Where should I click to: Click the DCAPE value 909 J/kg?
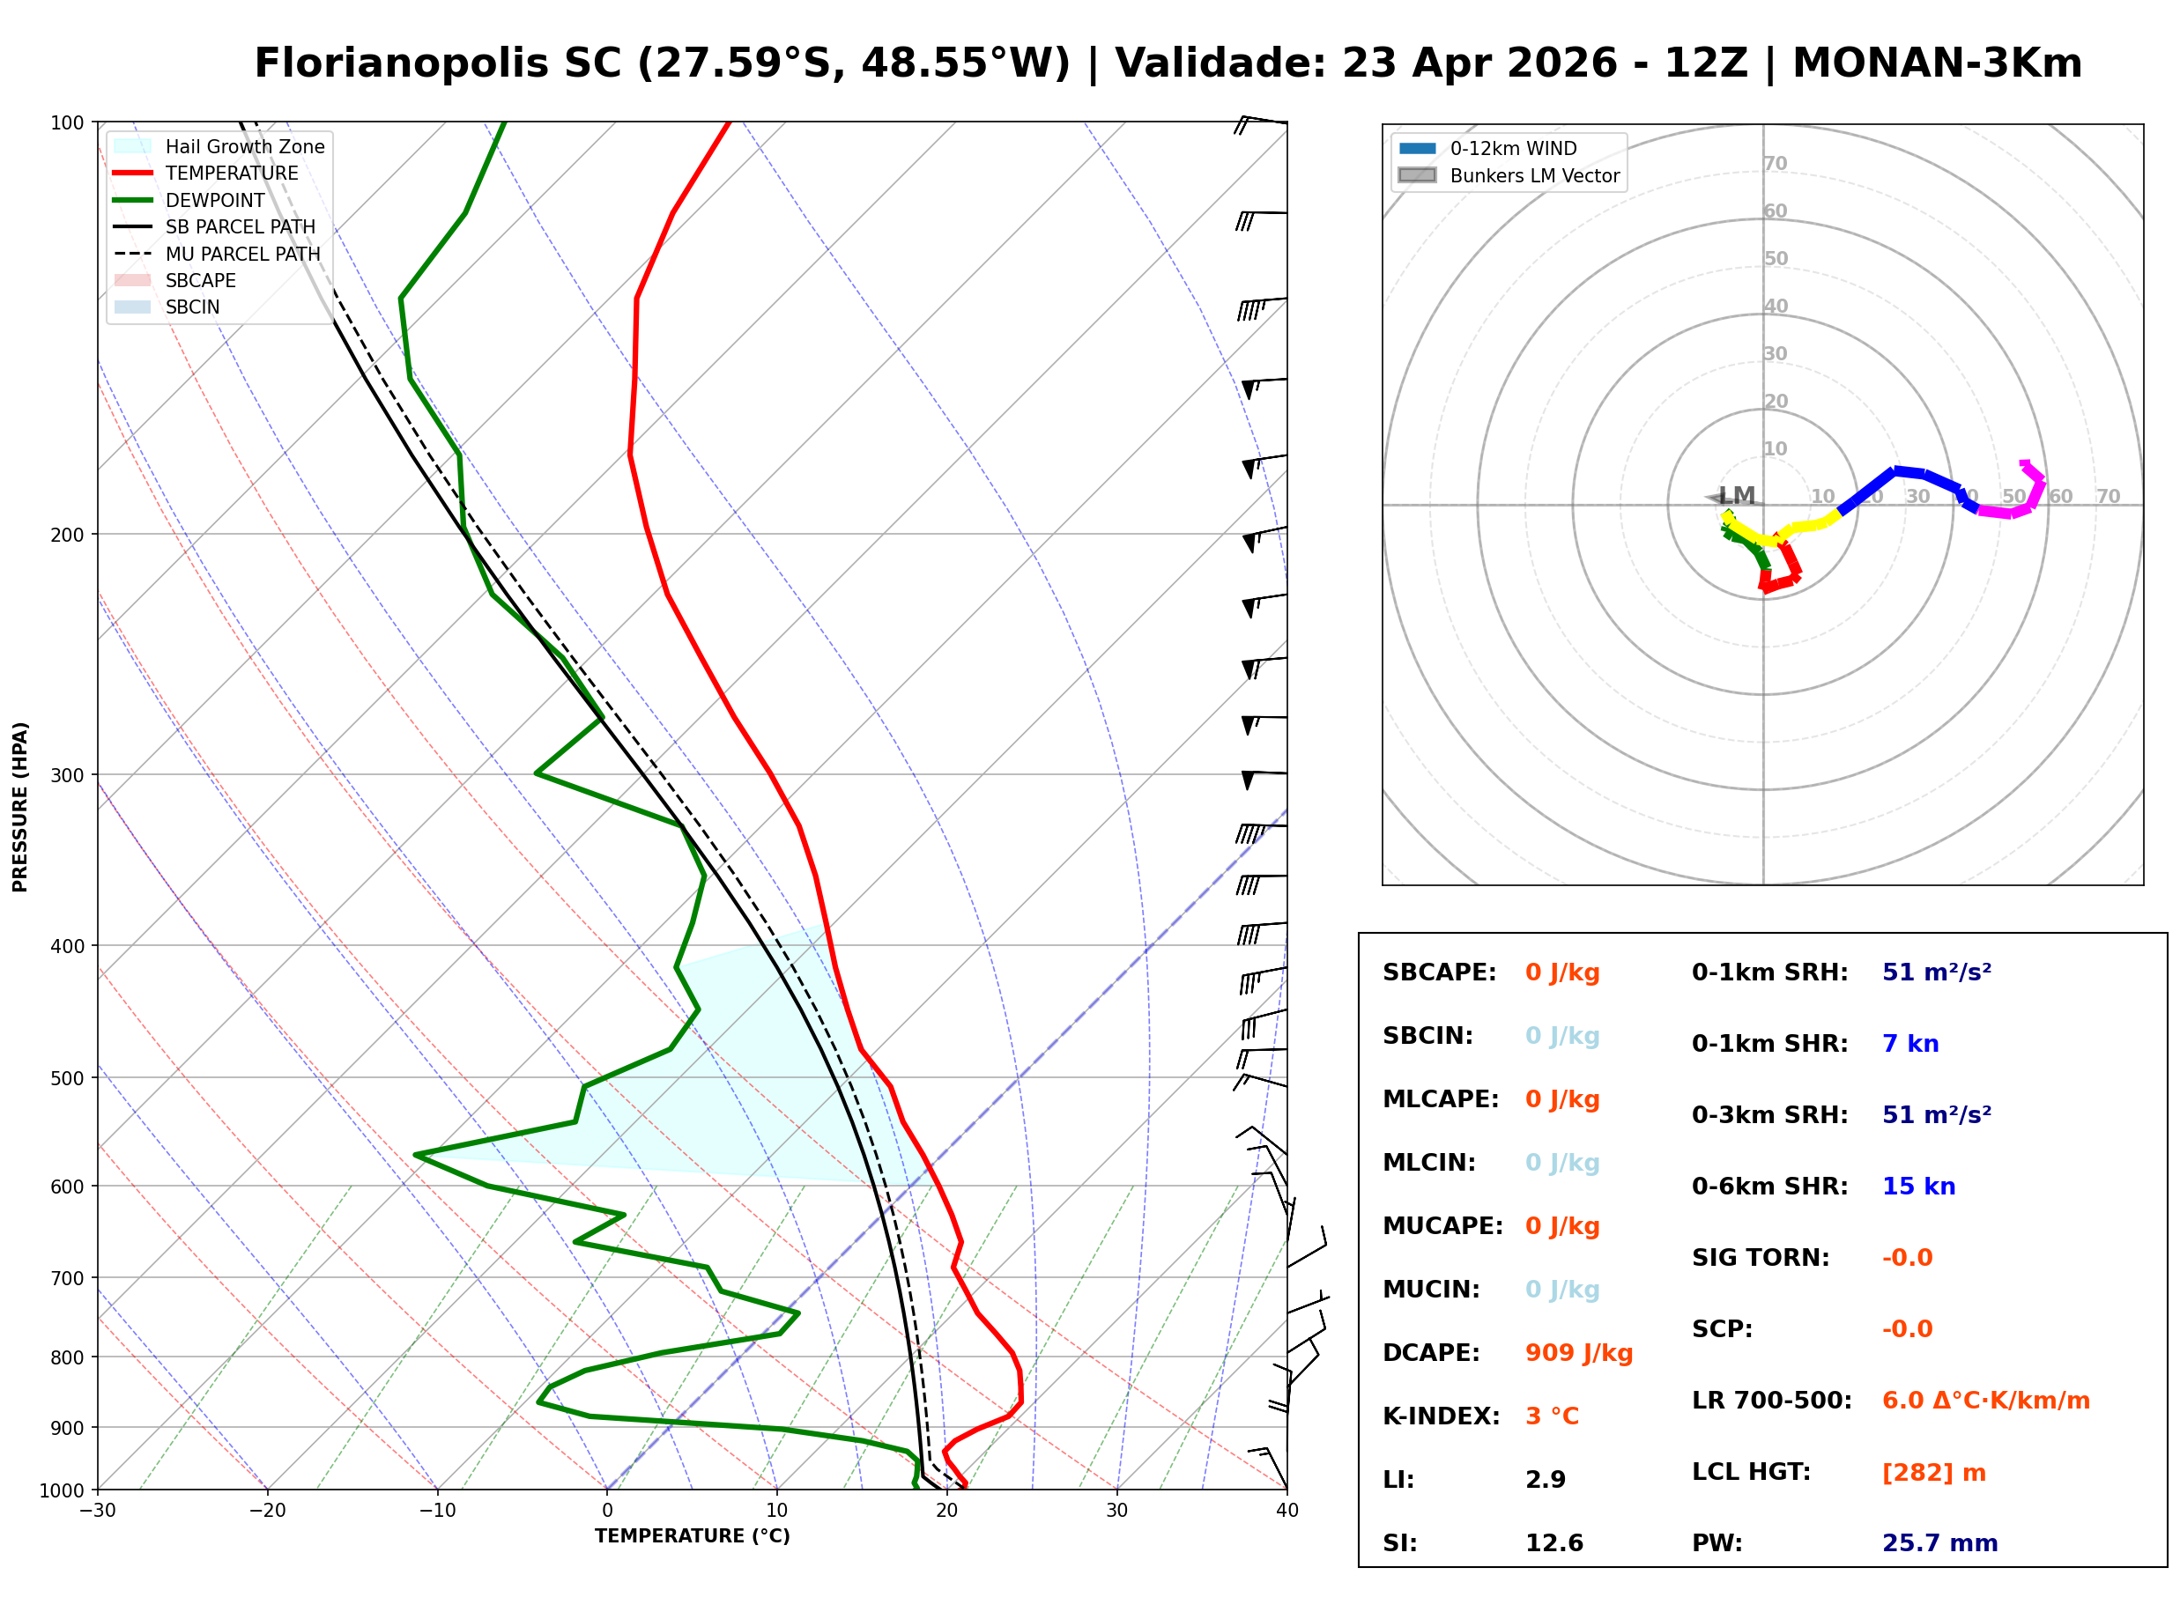click(1578, 1352)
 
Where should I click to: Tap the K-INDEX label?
click(1441, 1416)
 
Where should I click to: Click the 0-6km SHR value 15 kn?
click(1917, 1187)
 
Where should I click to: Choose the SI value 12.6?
click(1553, 1542)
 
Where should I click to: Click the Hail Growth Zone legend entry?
click(244, 146)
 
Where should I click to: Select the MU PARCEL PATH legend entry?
click(242, 254)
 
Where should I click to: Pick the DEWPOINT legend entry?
click(215, 200)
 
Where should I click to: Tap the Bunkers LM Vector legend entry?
click(1533, 175)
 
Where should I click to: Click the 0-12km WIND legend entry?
click(1513, 148)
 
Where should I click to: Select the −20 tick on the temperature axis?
click(266, 1511)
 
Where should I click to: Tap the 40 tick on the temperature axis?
click(1286, 1511)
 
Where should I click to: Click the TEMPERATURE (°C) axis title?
click(692, 1536)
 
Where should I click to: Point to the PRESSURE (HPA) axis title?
click(20, 806)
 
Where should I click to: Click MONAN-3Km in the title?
click(1937, 63)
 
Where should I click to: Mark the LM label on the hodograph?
click(1736, 496)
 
